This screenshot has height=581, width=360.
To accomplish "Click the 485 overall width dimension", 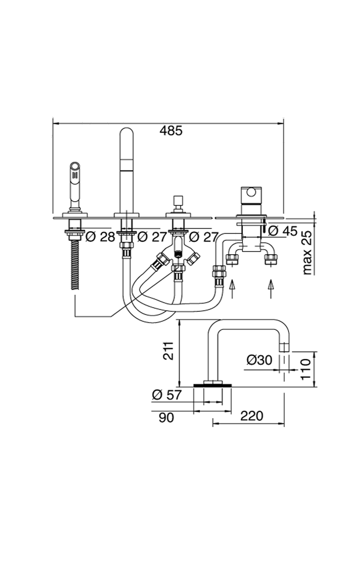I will [x=170, y=130].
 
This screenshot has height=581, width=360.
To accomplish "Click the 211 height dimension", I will [x=169, y=351].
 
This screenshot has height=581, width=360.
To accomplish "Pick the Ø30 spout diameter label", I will [x=259, y=360].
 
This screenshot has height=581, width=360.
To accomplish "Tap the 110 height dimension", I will [x=306, y=369].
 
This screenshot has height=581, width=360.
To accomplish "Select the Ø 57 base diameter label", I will [x=167, y=395].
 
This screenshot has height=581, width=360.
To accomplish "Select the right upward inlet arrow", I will [x=271, y=289].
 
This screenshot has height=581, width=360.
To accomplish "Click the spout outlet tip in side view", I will [x=284, y=347].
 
